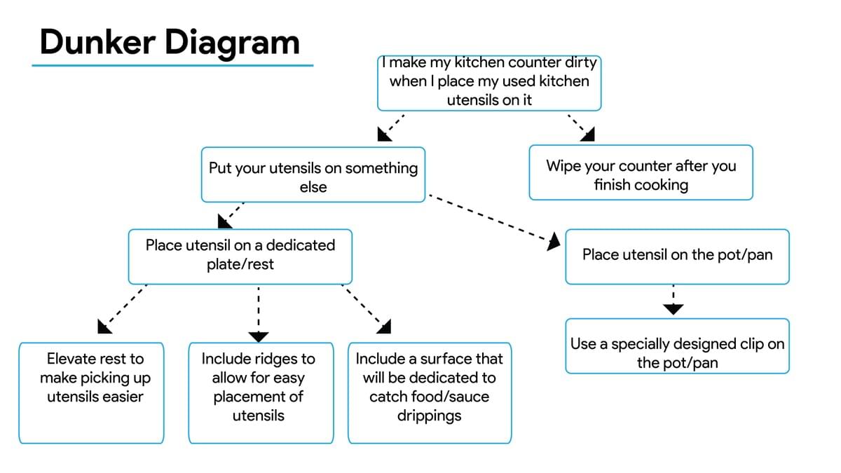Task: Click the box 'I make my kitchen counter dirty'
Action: [489, 82]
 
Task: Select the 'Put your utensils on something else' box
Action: [313, 175]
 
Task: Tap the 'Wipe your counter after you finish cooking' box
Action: [641, 173]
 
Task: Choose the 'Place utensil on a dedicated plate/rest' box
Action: [240, 255]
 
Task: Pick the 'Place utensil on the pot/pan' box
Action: [677, 256]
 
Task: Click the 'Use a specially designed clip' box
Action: [677, 346]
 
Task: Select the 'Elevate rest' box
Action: [91, 392]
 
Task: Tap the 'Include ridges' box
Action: [260, 392]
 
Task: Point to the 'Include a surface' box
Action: [429, 392]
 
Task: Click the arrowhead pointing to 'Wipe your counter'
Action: [588, 134]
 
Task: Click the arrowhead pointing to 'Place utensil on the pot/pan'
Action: [554, 242]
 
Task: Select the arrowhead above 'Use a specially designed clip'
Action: [674, 308]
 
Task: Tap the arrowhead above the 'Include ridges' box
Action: [259, 336]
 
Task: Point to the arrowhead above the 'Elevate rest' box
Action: [105, 325]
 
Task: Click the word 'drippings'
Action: [429, 416]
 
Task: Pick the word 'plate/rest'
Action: [240, 264]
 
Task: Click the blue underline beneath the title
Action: [172, 66]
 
